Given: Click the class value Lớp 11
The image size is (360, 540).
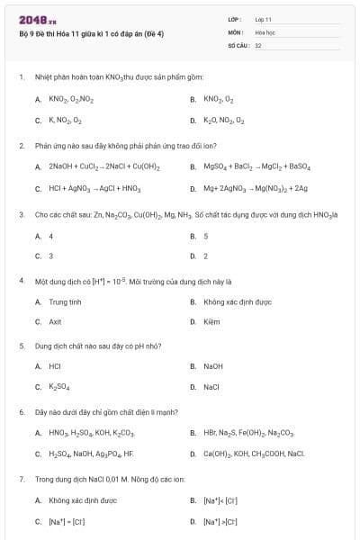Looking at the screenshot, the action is (x=263, y=18).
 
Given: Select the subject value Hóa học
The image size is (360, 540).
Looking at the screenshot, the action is (x=265, y=31).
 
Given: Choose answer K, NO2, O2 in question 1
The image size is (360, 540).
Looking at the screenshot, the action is (x=65, y=120).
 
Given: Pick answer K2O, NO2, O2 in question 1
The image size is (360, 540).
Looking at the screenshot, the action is (x=223, y=120).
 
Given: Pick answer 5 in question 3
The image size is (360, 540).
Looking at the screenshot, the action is (x=206, y=236).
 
